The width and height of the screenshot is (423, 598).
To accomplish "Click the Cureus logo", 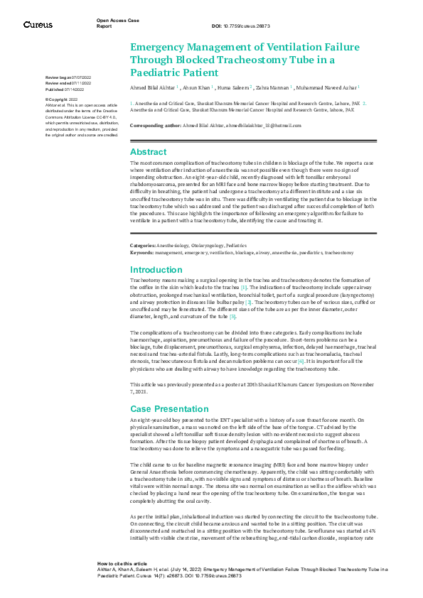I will (x=37, y=25).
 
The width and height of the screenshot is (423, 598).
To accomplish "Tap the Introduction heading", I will (x=156, y=270).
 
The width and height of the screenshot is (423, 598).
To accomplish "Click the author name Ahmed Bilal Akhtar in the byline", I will (x=153, y=87).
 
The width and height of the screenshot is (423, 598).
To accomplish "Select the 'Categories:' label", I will (x=143, y=245).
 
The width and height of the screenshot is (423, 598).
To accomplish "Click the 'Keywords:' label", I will (x=141, y=252).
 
